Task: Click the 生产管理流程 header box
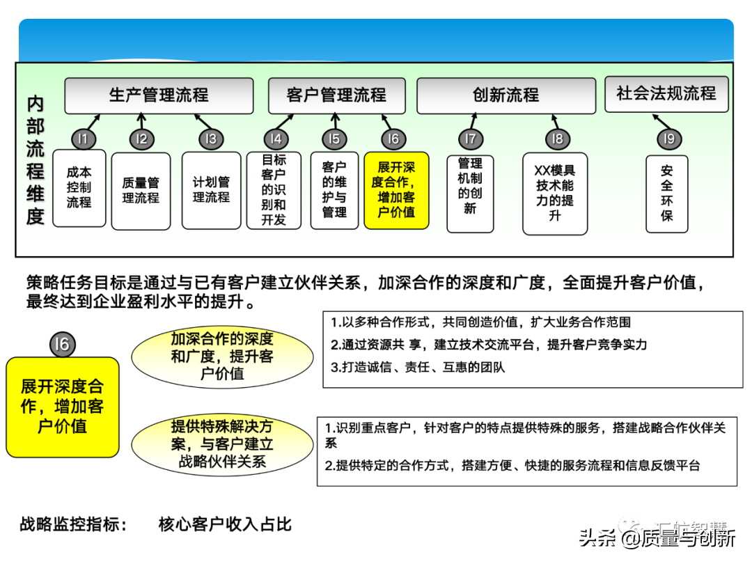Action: pyautogui.click(x=159, y=95)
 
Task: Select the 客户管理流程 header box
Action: pyautogui.click(x=336, y=95)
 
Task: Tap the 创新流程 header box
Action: pyautogui.click(x=506, y=95)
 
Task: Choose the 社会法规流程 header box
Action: pyautogui.click(x=666, y=93)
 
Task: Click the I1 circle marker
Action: pyautogui.click(x=82, y=139)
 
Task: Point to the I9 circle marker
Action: pyautogui.click(x=668, y=139)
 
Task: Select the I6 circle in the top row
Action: pyautogui.click(x=393, y=139)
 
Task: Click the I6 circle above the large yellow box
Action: pyautogui.click(x=62, y=343)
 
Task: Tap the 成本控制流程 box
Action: pyautogui.click(x=79, y=188)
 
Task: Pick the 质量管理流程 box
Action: pyautogui.click(x=141, y=191)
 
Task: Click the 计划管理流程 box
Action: pyautogui.click(x=211, y=190)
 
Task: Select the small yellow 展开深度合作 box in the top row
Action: pyautogui.click(x=396, y=190)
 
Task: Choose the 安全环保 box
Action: pyautogui.click(x=667, y=193)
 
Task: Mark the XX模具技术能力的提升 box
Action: pyautogui.click(x=554, y=193)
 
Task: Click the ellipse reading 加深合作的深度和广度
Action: pyautogui.click(x=222, y=357)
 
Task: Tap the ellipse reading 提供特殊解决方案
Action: pyautogui.click(x=222, y=444)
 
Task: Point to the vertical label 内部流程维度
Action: pyautogui.click(x=36, y=160)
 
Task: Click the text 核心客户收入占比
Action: pyautogui.click(x=225, y=524)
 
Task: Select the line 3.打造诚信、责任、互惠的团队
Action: pyautogui.click(x=418, y=367)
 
